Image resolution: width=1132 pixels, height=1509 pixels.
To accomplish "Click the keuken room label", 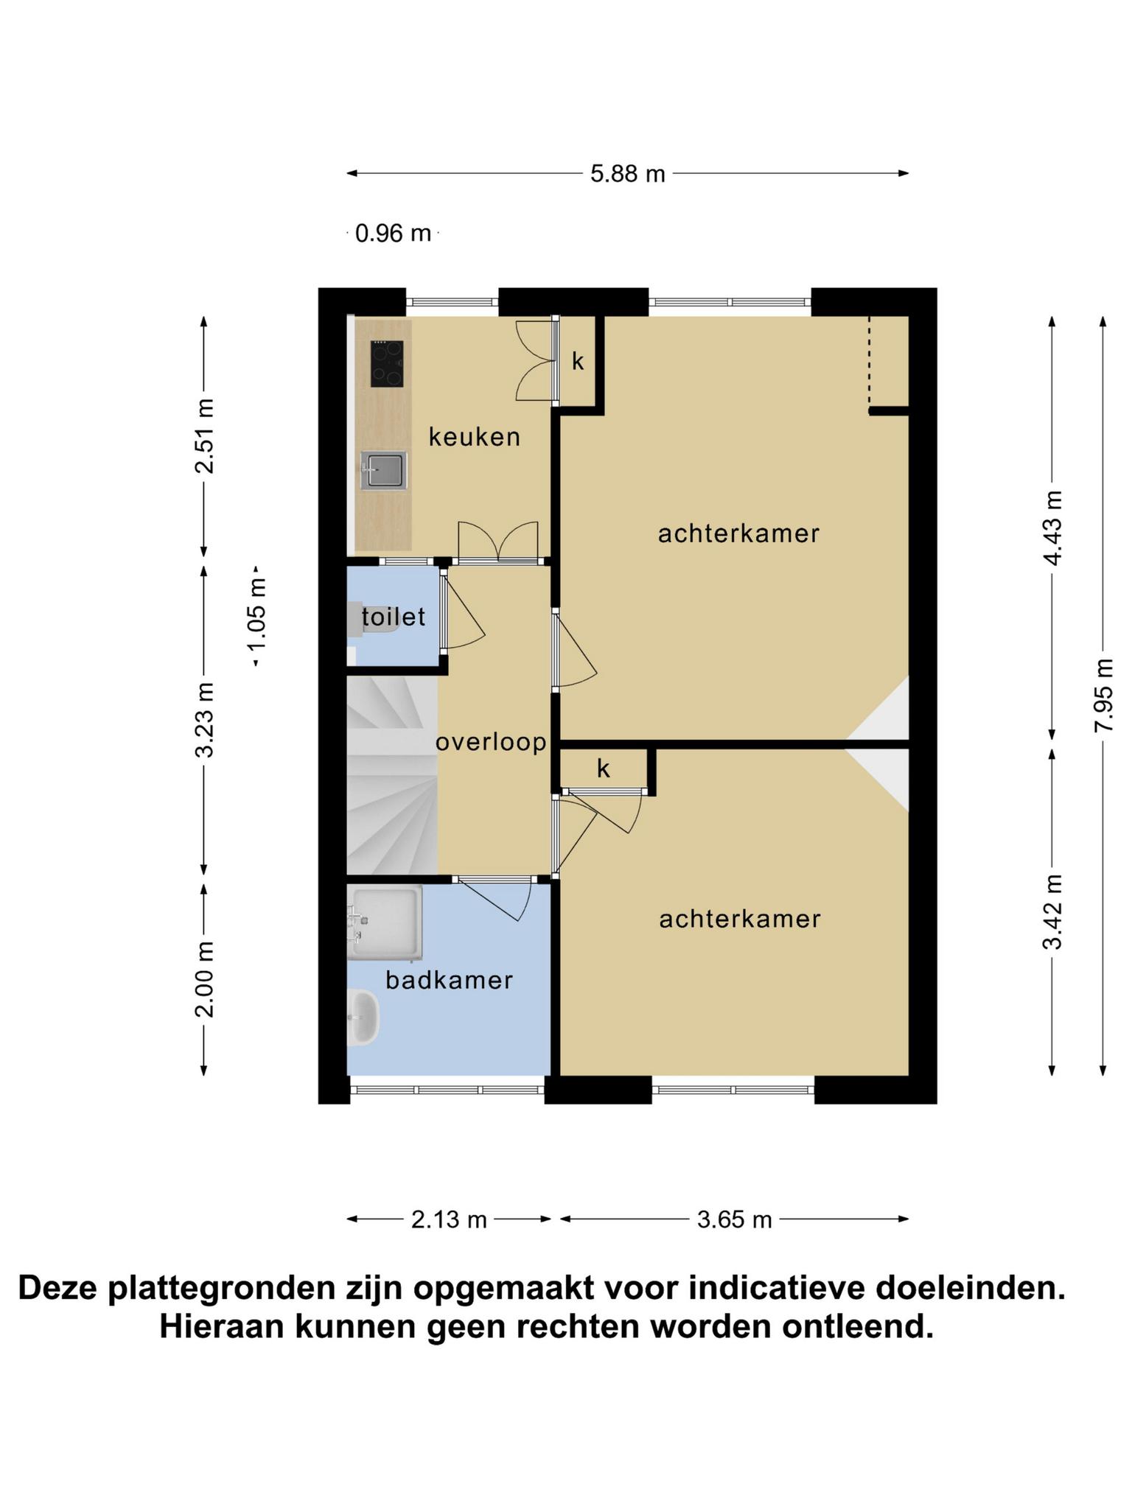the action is pyautogui.click(x=475, y=437).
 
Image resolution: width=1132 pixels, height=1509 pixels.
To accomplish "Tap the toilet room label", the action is pyautogui.click(x=394, y=617).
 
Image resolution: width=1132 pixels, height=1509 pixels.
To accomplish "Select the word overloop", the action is pyautogui.click(x=492, y=742).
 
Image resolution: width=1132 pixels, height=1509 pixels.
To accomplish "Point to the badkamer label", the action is pyautogui.click(x=449, y=980).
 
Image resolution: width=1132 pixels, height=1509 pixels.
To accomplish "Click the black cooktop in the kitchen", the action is pyautogui.click(x=387, y=364).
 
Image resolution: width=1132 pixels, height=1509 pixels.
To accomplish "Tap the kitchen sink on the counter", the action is pyautogui.click(x=383, y=470).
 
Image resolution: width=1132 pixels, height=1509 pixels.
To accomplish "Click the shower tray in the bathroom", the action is pyautogui.click(x=385, y=922).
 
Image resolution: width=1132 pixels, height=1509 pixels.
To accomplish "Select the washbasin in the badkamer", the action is pyautogui.click(x=363, y=1018).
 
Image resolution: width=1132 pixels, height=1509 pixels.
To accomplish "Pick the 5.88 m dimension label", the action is pyautogui.click(x=628, y=174).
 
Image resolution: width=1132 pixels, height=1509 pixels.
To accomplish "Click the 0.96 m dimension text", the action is pyautogui.click(x=393, y=234).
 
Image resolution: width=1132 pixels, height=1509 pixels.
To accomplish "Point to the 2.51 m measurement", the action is pyautogui.click(x=204, y=436).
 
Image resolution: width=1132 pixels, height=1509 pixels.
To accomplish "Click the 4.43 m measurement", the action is pyautogui.click(x=1052, y=528).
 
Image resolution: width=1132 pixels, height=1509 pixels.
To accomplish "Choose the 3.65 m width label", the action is pyautogui.click(x=734, y=1219).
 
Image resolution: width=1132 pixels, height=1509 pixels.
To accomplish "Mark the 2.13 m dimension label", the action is pyautogui.click(x=449, y=1219).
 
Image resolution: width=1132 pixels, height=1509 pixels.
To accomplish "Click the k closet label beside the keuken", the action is pyautogui.click(x=579, y=361).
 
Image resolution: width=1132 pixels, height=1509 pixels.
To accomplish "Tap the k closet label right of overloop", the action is pyautogui.click(x=604, y=768).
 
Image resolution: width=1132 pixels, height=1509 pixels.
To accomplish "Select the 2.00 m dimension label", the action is pyautogui.click(x=204, y=979).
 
